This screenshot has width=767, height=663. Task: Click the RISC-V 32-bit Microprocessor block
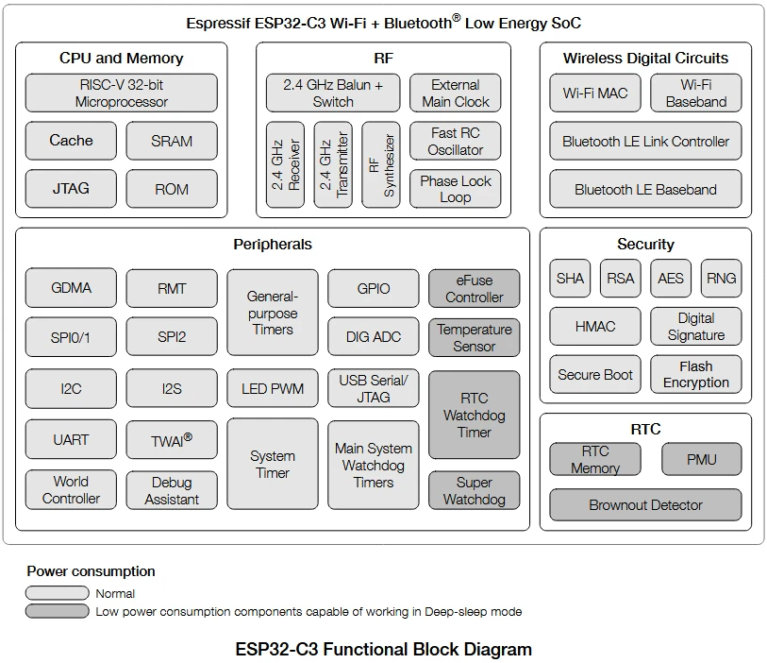(121, 93)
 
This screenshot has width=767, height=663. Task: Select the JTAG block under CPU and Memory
(71, 188)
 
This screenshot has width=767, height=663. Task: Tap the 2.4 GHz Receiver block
(285, 164)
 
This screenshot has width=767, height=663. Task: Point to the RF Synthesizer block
(381, 164)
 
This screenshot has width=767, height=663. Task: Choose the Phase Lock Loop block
(455, 189)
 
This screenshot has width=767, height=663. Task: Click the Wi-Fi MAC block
(594, 93)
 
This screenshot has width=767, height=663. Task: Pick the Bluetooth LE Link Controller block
(645, 142)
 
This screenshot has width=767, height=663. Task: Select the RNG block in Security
(721, 279)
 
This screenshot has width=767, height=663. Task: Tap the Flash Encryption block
(695, 374)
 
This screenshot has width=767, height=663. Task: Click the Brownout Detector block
(645, 505)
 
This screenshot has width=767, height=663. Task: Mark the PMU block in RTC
(701, 460)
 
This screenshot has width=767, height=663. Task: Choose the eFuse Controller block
(474, 289)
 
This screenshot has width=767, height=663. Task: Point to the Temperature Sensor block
(474, 337)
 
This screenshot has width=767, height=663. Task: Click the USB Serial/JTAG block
(373, 388)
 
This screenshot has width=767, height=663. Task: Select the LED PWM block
(273, 388)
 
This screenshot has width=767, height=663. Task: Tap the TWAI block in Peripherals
(172, 439)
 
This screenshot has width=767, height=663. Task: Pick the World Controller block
(71, 489)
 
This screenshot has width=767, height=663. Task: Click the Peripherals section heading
(273, 245)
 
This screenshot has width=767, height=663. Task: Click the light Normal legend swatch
(58, 593)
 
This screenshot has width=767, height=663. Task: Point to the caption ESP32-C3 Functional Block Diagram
(383, 649)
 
